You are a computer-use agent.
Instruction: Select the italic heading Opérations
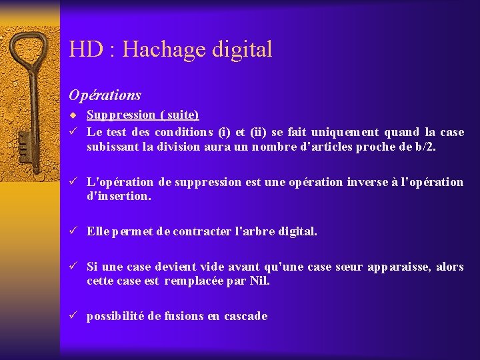pyautogui.click(x=105, y=95)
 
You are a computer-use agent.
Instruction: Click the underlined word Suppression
pyautogui.click(x=121, y=115)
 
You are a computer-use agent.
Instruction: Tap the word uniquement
pyautogui.click(x=357, y=132)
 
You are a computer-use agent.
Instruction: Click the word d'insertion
pyautogui.click(x=119, y=197)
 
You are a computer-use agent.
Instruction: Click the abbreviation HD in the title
pyautogui.click(x=84, y=49)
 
